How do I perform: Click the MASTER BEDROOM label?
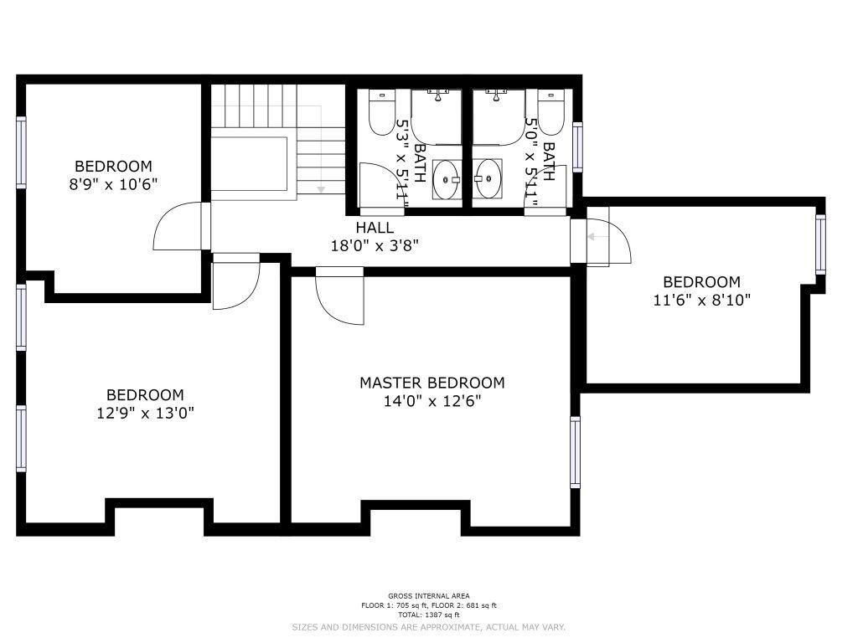[432, 383]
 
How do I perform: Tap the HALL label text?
[375, 228]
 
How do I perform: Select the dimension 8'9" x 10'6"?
[113, 183]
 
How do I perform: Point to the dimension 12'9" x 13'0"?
[145, 413]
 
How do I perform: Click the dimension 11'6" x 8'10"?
[701, 300]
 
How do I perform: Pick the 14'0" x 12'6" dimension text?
[432, 401]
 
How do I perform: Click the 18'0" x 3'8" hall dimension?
[375, 245]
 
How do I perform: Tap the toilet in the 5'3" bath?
[382, 112]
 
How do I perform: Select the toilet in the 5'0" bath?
[550, 112]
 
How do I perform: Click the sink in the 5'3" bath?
[447, 179]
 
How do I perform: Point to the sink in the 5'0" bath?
[488, 179]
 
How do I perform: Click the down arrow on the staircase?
[321, 189]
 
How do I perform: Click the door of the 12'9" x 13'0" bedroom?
[235, 281]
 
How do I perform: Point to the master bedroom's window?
[575, 451]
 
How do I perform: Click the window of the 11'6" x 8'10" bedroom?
[820, 244]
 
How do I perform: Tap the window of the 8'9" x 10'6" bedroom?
[21, 152]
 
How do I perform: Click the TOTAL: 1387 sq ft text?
[428, 615]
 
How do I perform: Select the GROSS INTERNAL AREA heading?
[428, 596]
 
